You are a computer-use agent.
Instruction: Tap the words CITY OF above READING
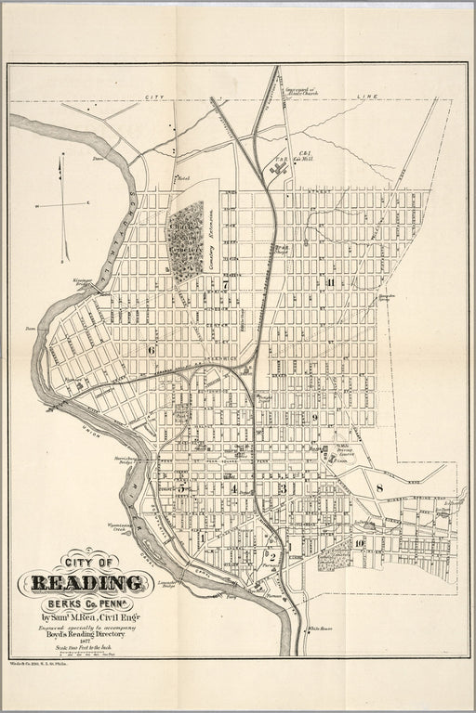point(88,562)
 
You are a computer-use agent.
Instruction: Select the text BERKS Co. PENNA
point(93,603)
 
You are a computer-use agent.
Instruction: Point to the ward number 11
point(329,281)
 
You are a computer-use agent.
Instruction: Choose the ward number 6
point(151,350)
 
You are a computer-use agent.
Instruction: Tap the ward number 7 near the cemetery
point(225,285)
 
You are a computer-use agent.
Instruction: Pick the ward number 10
point(359,542)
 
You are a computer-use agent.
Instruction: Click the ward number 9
point(316,418)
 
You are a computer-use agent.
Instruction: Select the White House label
point(321,628)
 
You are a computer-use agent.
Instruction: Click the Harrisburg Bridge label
point(126,460)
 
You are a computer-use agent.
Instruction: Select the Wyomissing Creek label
point(121,527)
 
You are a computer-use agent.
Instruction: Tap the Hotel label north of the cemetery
point(183,176)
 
